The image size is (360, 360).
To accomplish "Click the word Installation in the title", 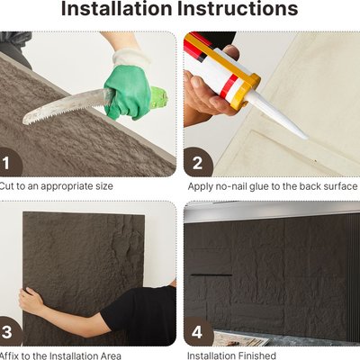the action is point(116,8).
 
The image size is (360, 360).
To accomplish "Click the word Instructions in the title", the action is point(238,8).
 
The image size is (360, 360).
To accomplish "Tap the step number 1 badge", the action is point(9,163).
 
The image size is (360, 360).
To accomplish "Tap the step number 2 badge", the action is point(198,163).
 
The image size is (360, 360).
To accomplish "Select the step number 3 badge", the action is point(9,332).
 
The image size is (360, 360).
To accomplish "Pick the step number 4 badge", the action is point(198,332).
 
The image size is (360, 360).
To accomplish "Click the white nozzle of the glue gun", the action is point(277,116).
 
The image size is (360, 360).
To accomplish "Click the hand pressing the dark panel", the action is point(31,300).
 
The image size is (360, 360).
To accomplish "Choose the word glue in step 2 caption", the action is point(259,186).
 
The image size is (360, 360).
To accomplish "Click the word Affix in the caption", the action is point(10,355).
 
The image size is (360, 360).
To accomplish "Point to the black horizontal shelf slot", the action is point(211,274).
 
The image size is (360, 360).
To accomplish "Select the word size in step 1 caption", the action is point(103,186).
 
